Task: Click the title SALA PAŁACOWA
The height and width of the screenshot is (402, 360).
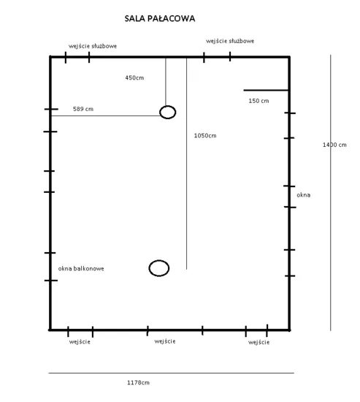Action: point(160,18)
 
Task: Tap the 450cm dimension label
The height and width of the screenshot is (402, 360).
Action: point(134,77)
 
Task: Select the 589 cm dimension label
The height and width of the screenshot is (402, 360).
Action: point(83,109)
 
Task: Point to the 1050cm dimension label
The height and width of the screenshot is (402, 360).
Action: point(205,136)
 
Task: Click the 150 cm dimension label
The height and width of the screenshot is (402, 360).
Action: point(258,101)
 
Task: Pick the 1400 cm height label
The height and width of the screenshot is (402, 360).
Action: point(334,145)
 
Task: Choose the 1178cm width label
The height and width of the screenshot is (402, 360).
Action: point(138,382)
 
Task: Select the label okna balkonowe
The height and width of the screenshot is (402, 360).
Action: point(81,268)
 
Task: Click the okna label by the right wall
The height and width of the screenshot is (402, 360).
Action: point(303,195)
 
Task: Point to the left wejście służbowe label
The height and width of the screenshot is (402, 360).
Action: point(93,46)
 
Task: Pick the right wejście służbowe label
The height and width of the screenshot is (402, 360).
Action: point(230,41)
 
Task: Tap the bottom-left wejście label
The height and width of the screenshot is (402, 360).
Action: point(80,342)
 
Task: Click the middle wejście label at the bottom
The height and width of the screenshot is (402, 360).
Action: point(165,341)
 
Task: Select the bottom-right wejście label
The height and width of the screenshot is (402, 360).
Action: point(258,342)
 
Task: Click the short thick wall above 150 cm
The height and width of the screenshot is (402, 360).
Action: point(266,90)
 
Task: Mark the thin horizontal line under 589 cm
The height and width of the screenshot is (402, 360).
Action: point(106,116)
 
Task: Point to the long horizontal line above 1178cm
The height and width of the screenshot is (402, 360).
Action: point(171,373)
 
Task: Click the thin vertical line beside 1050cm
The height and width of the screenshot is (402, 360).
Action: point(186,164)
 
